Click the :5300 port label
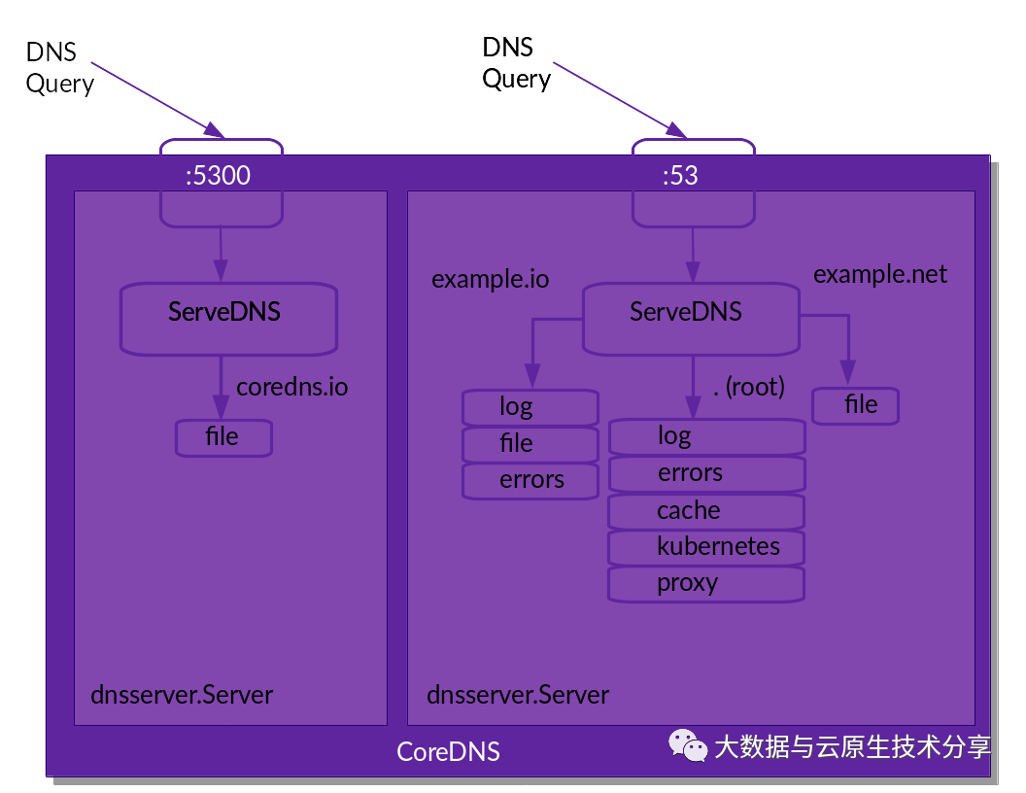tap(218, 175)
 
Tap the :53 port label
tap(680, 175)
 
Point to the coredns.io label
tap(291, 387)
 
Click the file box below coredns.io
tap(223, 437)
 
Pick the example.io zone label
tap(490, 280)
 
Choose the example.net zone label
tap(879, 274)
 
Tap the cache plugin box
tap(706, 510)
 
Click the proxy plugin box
tap(706, 583)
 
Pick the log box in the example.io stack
tap(530, 407)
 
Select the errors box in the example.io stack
tap(530, 480)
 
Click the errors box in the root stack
tap(706, 473)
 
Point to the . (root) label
tap(748, 387)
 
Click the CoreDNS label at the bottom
tap(448, 751)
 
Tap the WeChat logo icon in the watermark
tap(687, 745)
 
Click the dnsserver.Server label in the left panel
tap(182, 695)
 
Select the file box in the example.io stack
tap(530, 444)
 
